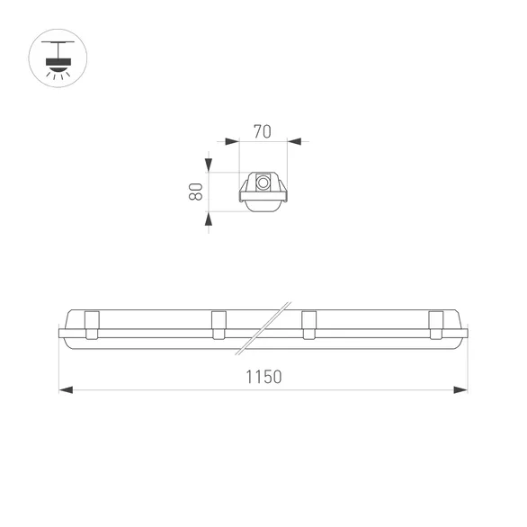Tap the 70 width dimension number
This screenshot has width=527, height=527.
(x=263, y=130)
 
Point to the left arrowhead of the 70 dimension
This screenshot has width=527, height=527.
(x=231, y=141)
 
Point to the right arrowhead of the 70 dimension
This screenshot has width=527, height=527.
(x=295, y=141)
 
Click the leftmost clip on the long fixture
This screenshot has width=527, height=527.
(x=91, y=325)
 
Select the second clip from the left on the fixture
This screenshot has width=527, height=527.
(x=219, y=325)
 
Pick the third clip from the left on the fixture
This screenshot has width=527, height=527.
(x=308, y=325)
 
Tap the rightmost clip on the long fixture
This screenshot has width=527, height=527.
(x=436, y=325)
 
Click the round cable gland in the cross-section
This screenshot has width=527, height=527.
(x=263, y=182)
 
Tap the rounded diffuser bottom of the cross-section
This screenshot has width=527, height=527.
(x=263, y=207)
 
